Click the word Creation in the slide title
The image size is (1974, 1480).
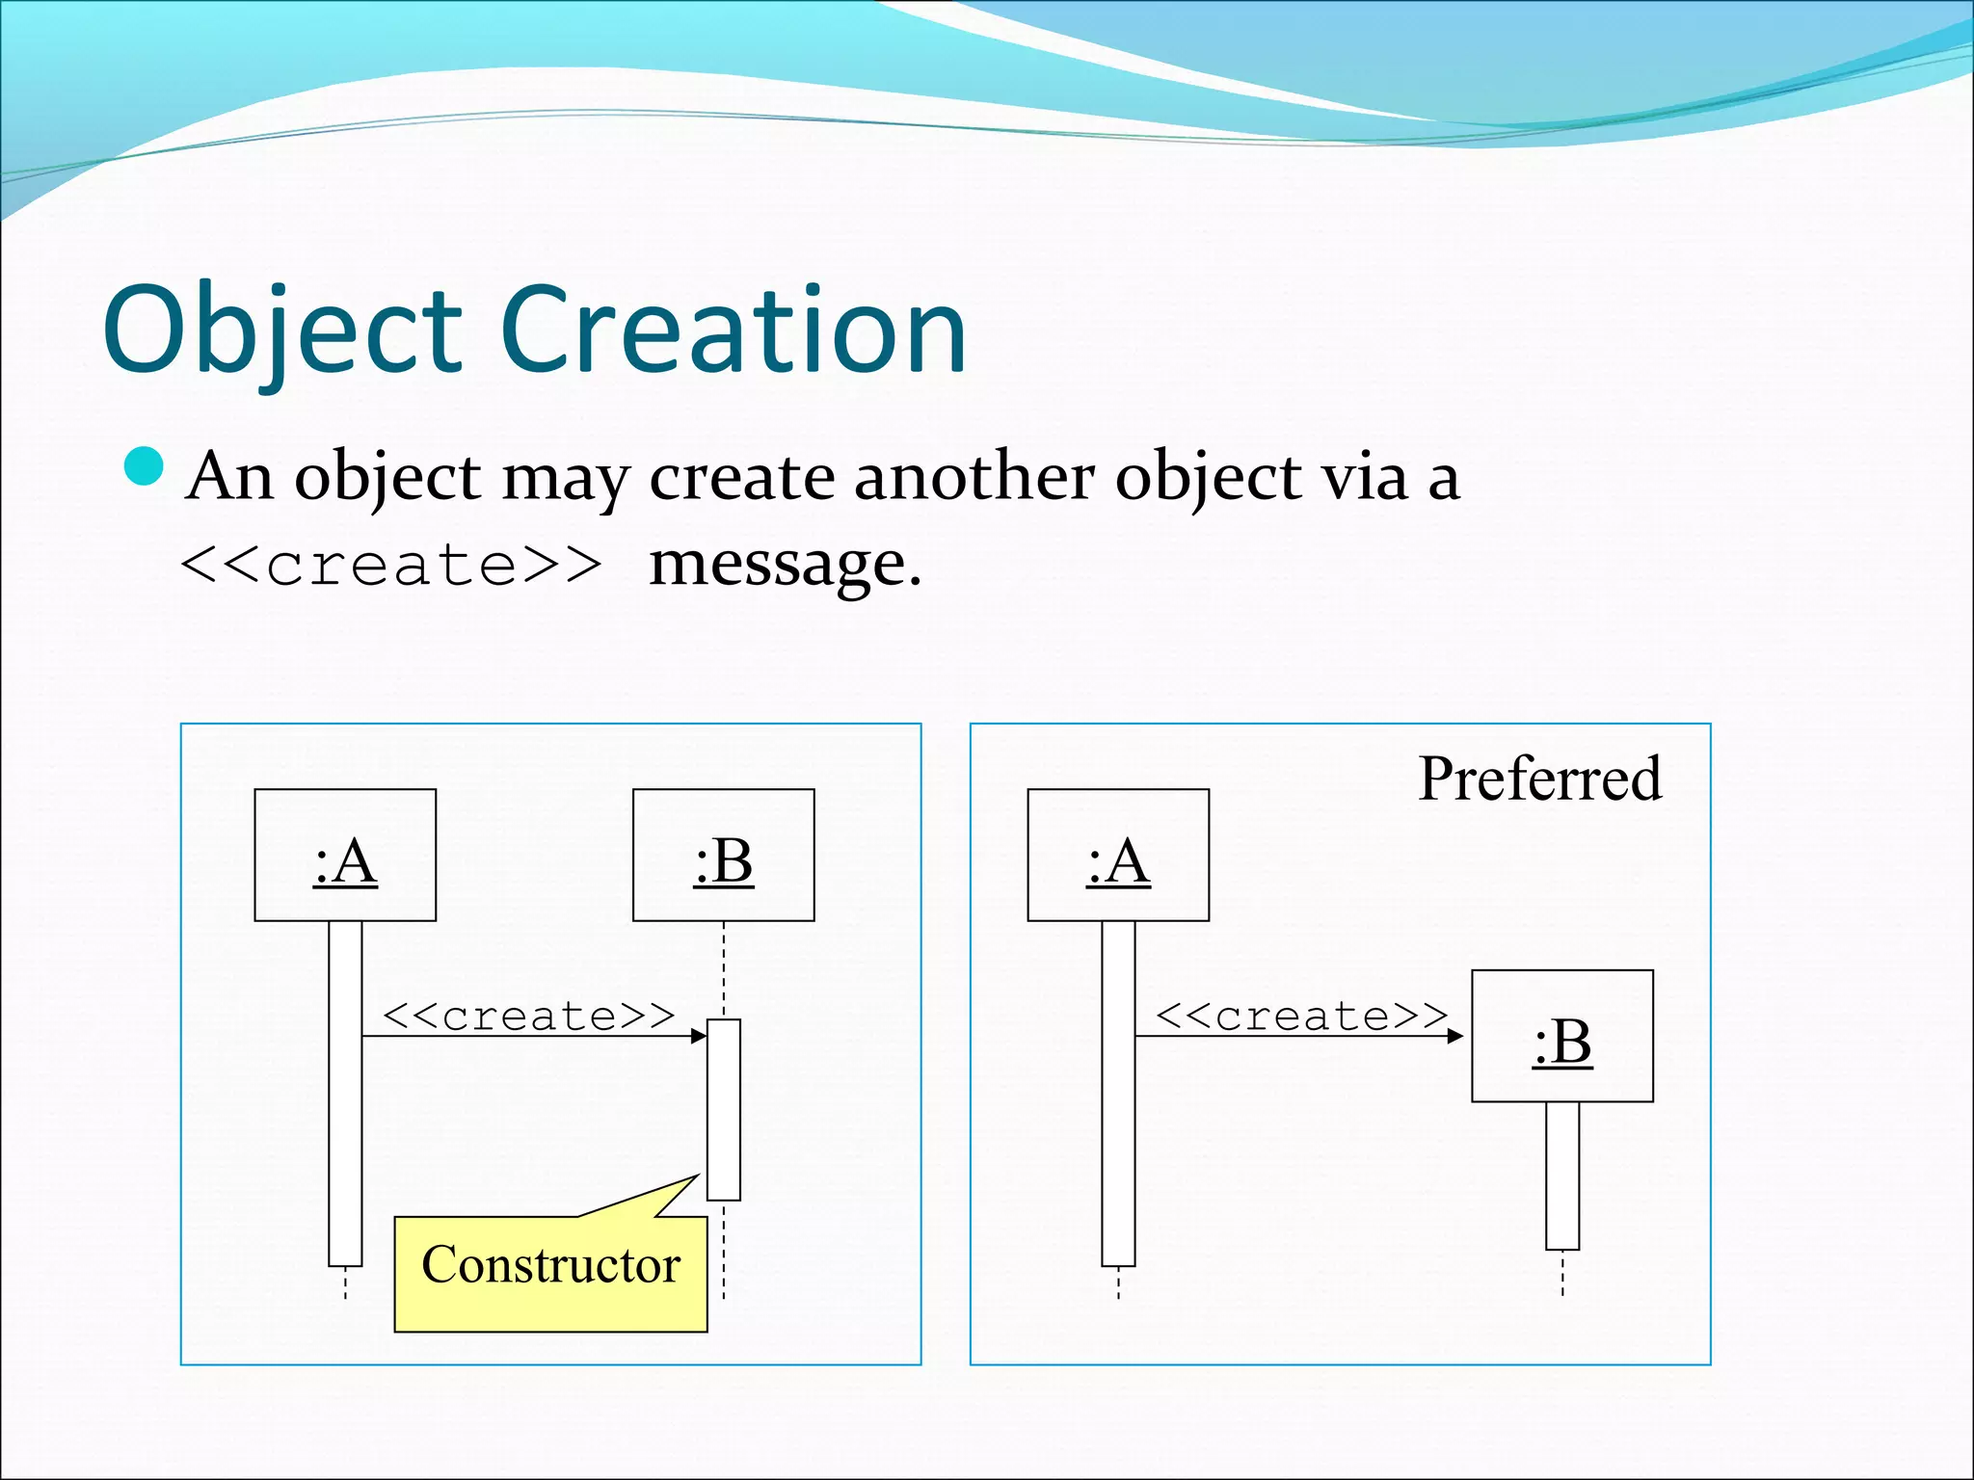click(733, 330)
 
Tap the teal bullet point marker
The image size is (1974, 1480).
click(145, 467)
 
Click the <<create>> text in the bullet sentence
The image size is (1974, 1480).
click(390, 565)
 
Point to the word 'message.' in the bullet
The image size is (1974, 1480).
click(785, 565)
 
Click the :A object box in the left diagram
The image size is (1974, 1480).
click(345, 856)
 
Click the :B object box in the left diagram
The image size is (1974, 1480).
click(723, 856)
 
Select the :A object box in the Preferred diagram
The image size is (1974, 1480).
click(1118, 856)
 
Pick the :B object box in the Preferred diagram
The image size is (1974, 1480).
click(1561, 1036)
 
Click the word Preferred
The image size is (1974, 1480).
click(1539, 779)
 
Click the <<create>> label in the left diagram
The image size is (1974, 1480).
click(528, 1016)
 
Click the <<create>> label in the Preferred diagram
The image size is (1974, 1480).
click(1301, 1016)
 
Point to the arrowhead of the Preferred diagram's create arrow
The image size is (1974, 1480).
click(1455, 1036)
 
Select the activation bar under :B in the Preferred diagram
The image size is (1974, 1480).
click(1562, 1176)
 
